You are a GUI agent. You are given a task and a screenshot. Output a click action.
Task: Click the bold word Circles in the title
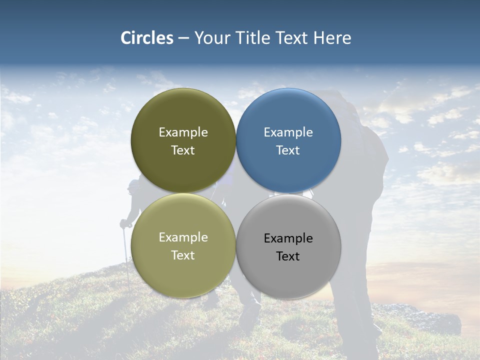(x=146, y=38)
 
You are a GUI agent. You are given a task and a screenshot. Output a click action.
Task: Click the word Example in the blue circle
(x=288, y=132)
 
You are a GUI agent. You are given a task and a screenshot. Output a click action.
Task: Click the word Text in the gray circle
(x=288, y=256)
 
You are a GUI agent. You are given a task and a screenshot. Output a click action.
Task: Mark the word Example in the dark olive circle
(x=183, y=132)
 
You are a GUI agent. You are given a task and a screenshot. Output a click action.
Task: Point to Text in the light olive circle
(x=183, y=255)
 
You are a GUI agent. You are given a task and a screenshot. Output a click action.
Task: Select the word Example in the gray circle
(x=288, y=238)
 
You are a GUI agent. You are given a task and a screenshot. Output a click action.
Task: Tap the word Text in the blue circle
(x=288, y=150)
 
